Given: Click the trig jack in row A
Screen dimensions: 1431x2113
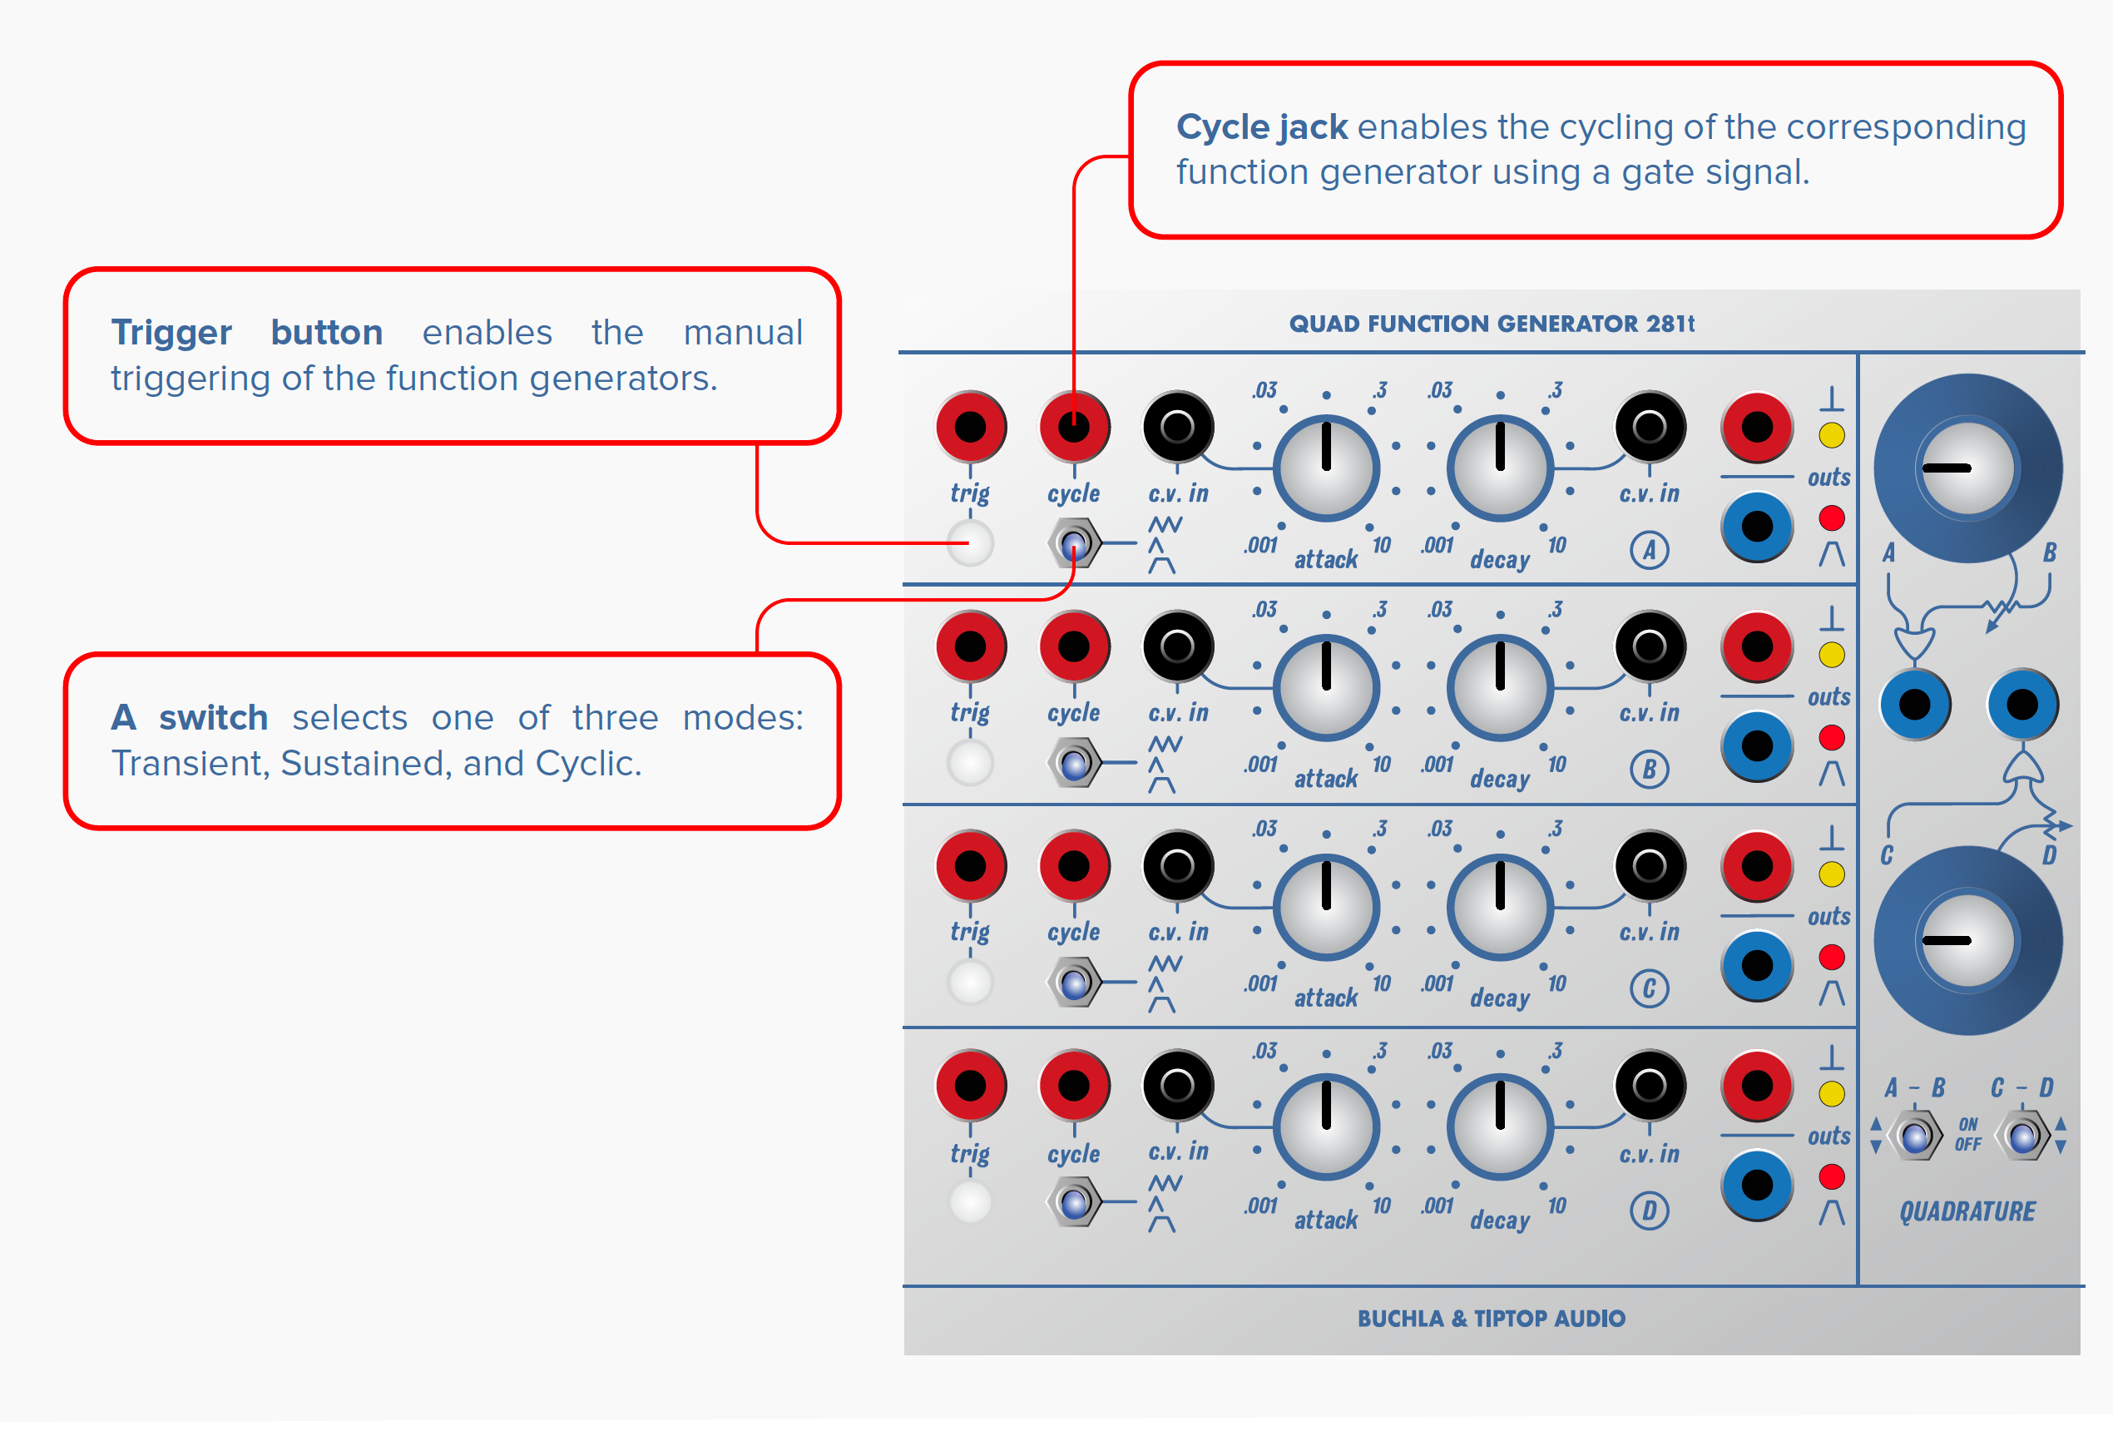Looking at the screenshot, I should [970, 427].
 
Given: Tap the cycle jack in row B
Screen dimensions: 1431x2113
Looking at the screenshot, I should [1074, 646].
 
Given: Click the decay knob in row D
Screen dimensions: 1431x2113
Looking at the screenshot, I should [1499, 1126].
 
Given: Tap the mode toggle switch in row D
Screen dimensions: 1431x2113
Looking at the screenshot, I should [1075, 1202].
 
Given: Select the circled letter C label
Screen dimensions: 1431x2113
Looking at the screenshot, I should [1649, 988].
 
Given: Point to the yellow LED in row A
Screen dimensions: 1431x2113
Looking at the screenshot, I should [1831, 435].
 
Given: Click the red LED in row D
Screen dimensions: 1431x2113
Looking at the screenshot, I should [1831, 1176].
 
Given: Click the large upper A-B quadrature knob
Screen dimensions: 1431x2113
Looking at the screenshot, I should [1967, 468].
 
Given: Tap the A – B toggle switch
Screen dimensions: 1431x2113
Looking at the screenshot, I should [1915, 1136].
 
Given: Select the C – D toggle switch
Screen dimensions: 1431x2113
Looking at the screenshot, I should [2023, 1136].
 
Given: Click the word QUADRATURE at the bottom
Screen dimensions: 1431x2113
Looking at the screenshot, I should [1967, 1211].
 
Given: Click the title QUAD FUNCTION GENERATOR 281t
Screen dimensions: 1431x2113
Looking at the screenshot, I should [1491, 324].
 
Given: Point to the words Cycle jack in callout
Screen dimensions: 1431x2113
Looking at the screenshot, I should [1261, 127].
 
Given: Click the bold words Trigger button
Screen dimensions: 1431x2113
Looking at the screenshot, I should [246, 333].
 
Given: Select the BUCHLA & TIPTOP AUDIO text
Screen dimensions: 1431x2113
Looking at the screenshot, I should [1491, 1318].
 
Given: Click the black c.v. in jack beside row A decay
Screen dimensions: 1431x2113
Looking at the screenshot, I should [1649, 427].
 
